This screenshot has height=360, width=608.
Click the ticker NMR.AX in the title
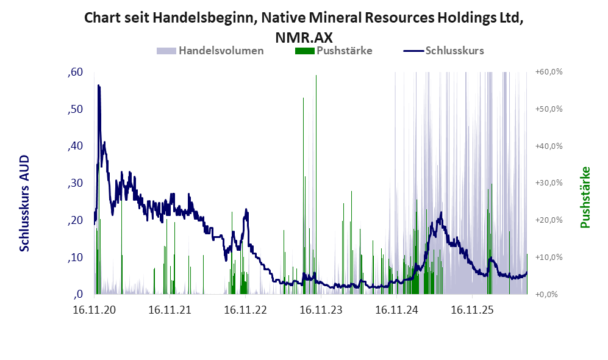[304, 38]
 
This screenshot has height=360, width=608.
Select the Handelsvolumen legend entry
[210, 51]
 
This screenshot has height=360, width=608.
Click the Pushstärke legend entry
[334, 51]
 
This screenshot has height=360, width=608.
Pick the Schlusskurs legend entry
[443, 51]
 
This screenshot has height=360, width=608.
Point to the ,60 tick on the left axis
[75, 72]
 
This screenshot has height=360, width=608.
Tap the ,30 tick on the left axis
[75, 183]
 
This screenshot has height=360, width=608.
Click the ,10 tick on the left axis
[75, 257]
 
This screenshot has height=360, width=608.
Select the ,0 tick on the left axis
[78, 294]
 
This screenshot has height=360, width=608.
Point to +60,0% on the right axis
[549, 72]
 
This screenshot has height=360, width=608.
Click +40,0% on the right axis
[549, 146]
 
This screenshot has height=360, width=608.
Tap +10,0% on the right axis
[549, 257]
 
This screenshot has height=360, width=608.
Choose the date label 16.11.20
[95, 310]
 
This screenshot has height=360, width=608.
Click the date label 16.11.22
[245, 310]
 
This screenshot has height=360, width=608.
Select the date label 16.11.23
[321, 310]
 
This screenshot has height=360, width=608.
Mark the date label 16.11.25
[472, 310]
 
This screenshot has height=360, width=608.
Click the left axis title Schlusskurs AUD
[24, 203]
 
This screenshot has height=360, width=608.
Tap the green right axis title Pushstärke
[585, 198]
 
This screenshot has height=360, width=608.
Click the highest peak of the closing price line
[99, 85]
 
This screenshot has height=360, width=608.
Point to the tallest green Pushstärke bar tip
[316, 76]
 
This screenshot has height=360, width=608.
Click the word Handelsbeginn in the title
[204, 18]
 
